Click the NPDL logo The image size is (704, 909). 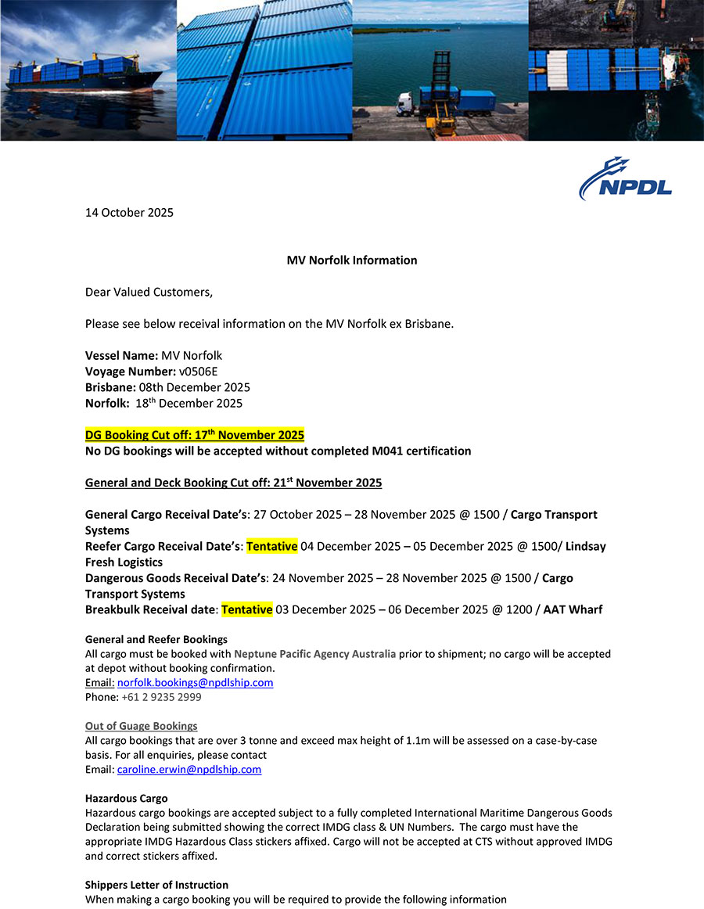625,178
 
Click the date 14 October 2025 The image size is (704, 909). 129,213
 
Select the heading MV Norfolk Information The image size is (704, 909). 352,260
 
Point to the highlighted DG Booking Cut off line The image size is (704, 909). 194,435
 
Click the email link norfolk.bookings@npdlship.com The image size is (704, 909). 195,683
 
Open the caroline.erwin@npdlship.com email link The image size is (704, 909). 189,770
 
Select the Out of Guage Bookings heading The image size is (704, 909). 141,726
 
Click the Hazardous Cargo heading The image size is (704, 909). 126,799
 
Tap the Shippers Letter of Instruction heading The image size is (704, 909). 156,885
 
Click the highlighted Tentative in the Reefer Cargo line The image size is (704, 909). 271,546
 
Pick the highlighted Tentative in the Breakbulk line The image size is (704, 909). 246,609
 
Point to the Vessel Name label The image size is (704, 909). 121,356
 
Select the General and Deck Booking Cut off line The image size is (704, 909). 233,483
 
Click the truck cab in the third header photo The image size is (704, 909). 406,102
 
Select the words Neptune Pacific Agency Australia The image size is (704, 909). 314,654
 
